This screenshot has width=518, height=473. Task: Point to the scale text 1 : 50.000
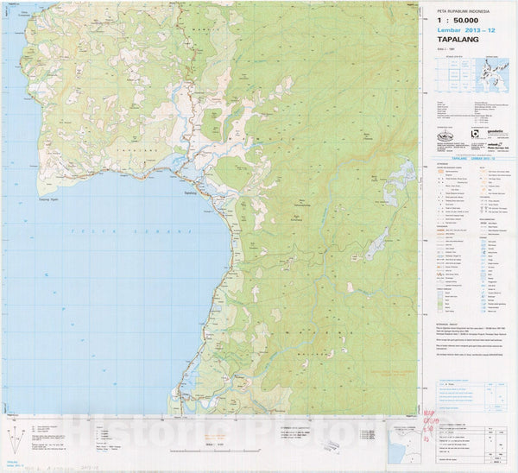click(457, 21)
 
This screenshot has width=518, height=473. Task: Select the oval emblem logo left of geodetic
click(444, 135)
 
